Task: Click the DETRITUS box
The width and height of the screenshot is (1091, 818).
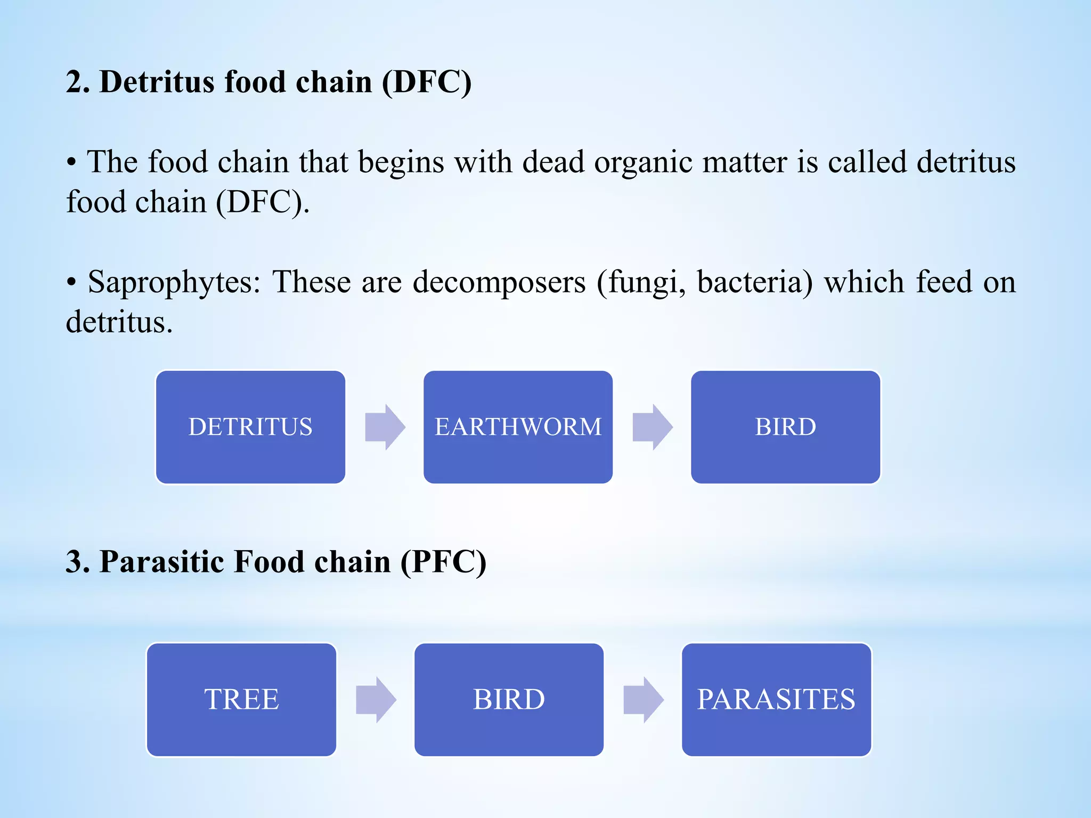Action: coord(250,427)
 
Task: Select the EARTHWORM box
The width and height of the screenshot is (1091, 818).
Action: coord(518,427)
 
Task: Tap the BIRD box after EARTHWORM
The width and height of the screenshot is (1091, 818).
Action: coord(785,427)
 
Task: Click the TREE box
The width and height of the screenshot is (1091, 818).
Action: coord(241,699)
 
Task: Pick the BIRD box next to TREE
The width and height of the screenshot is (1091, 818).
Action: coord(509,699)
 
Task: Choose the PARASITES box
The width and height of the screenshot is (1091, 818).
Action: coord(776,699)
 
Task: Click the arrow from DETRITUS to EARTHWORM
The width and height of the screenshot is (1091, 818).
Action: coord(385,427)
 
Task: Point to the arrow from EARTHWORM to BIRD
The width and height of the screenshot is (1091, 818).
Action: coord(652,427)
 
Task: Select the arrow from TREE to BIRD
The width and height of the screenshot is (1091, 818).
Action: coord(376,699)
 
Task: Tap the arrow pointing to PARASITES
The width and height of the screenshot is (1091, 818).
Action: coord(643,699)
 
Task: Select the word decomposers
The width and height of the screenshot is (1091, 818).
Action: coord(499,282)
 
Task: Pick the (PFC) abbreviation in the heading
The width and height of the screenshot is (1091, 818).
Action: coord(443,562)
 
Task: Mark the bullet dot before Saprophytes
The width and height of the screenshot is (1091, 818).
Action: coord(71,283)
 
